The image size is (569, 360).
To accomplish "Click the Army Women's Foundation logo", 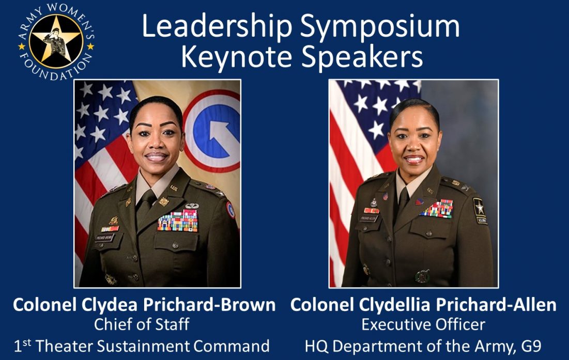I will [56, 41].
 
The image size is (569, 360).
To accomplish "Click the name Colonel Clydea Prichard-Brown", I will [144, 305].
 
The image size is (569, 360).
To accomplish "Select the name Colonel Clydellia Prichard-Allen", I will [423, 305].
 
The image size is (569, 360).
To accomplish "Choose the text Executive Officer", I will [423, 325].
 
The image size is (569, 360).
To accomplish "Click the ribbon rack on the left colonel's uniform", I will [178, 221].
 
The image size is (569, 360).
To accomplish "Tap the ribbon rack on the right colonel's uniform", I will [437, 209].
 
